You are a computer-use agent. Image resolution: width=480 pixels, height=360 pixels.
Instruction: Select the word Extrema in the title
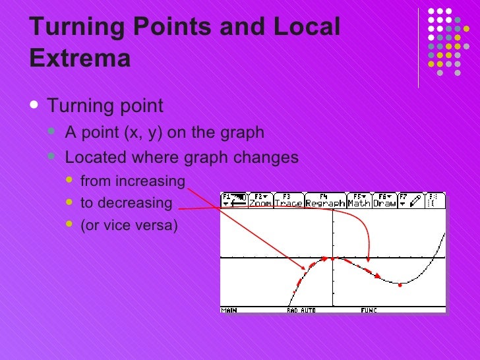coord(80,59)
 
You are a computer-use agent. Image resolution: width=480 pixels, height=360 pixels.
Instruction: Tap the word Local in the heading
coord(304,28)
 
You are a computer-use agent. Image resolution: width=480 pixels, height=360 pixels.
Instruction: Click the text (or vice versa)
coord(129,226)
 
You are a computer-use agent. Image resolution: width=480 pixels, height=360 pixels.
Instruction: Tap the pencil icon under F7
coord(415,202)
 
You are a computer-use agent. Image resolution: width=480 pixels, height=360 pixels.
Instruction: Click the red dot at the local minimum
coord(400,285)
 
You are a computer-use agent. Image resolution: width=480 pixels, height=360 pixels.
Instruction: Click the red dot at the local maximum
coord(324,258)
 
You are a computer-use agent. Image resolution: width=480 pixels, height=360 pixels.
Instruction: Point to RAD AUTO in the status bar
coord(301,309)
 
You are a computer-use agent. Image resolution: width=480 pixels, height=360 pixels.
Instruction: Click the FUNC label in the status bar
coord(369,309)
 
